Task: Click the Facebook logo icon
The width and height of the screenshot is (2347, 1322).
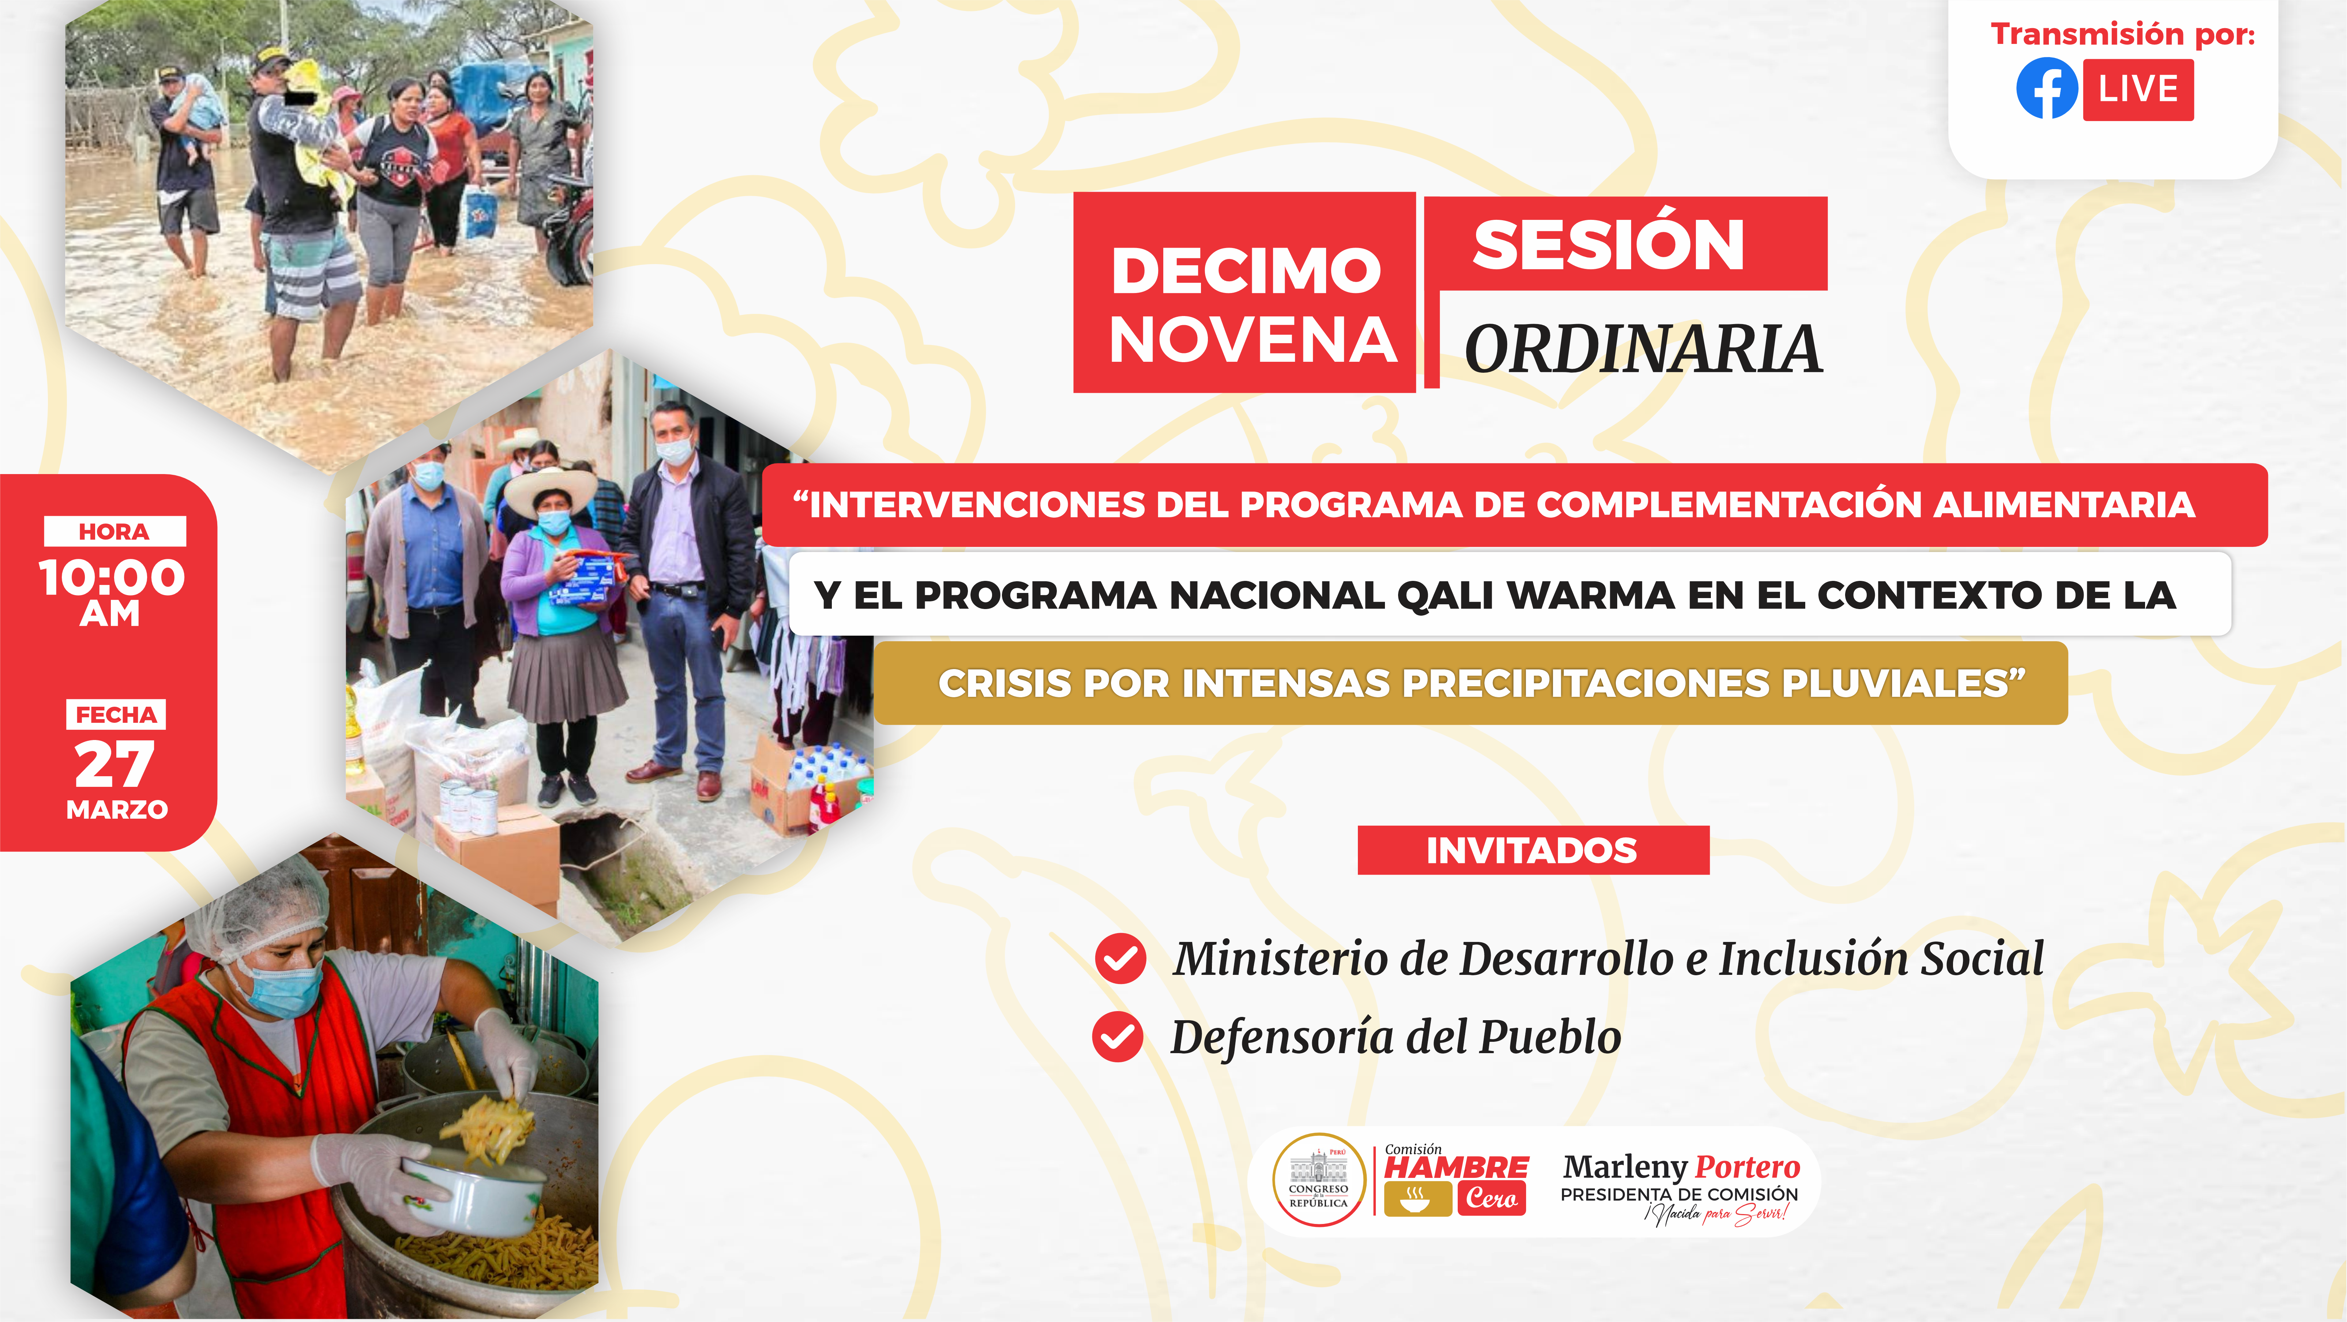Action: coord(2046,89)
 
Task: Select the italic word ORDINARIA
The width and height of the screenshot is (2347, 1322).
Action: coord(1643,349)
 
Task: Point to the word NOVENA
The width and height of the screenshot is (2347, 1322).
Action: coord(1253,340)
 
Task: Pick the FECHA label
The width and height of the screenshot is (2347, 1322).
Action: coord(116,714)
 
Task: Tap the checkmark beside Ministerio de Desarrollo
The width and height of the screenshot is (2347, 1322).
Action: coord(1121,958)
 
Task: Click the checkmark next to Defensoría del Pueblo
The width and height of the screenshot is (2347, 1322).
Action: coord(1118,1037)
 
